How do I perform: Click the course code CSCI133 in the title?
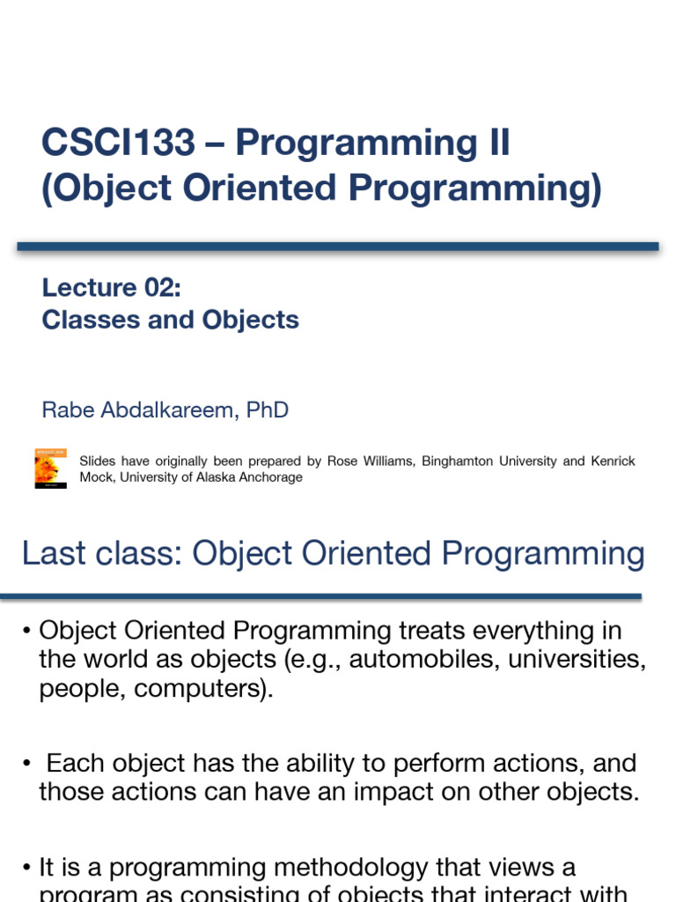point(118,143)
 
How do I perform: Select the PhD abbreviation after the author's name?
point(268,410)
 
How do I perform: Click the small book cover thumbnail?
point(51,469)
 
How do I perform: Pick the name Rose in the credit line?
point(344,462)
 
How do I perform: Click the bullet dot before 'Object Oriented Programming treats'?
point(27,632)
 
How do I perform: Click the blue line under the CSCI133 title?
point(338,247)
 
